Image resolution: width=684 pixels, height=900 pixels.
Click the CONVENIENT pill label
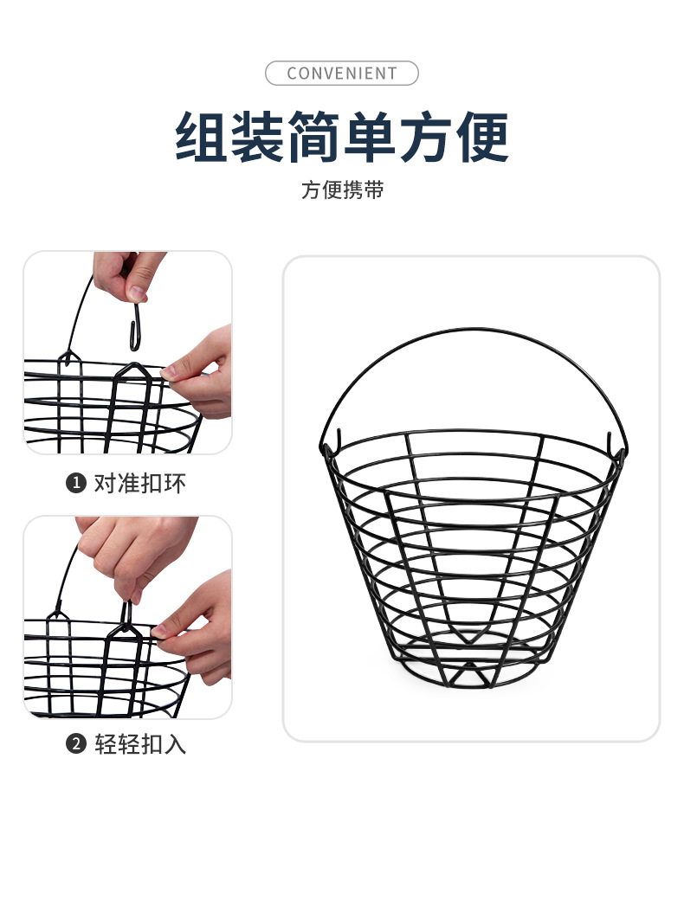341,74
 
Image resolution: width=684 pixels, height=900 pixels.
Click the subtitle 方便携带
342,190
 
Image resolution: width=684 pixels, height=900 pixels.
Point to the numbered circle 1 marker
76,483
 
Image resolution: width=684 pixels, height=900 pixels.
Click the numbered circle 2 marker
76,744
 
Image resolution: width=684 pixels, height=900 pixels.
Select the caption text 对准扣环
139,483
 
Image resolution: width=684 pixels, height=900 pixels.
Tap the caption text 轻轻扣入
139,744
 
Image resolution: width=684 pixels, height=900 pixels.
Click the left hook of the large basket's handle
326,443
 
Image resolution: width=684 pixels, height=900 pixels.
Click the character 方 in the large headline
426,136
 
